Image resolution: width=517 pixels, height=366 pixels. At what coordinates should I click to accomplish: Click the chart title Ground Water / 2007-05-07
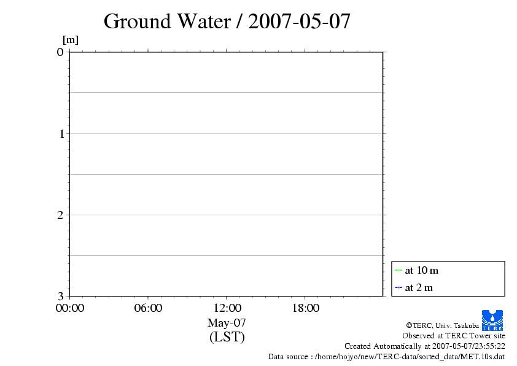click(227, 22)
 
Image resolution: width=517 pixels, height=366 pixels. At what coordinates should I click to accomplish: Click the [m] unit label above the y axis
click(71, 41)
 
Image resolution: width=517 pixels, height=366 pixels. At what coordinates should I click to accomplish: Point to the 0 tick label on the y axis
click(60, 52)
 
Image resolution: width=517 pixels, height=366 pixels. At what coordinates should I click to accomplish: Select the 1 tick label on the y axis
click(60, 133)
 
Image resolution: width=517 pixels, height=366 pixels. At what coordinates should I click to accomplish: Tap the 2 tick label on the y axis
click(60, 215)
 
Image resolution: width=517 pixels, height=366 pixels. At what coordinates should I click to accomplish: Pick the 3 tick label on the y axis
click(60, 296)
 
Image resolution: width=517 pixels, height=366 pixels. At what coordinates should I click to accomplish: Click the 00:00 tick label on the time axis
click(70, 308)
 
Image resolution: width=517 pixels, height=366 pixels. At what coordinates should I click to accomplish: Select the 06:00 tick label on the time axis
click(148, 308)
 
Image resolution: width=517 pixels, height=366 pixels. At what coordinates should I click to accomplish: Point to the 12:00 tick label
click(227, 308)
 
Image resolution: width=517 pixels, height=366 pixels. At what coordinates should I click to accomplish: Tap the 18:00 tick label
click(305, 308)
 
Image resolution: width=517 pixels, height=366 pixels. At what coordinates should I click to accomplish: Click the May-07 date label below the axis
click(227, 322)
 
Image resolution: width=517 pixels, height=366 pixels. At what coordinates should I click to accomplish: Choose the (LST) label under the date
click(227, 337)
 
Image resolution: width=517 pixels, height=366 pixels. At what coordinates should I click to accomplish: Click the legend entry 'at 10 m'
click(421, 270)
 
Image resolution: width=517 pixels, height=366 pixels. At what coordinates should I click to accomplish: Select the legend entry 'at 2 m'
click(419, 287)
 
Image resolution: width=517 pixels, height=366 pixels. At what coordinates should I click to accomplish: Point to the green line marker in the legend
click(398, 270)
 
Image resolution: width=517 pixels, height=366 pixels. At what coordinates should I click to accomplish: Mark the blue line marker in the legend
click(398, 287)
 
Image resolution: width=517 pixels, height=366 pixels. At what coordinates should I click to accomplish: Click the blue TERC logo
click(492, 320)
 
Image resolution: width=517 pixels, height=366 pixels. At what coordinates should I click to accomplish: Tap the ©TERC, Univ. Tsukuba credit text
click(442, 325)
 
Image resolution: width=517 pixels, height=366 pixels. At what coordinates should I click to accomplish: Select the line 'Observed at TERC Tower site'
click(454, 335)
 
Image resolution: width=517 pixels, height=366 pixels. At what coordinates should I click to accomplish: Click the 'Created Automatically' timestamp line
click(425, 346)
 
